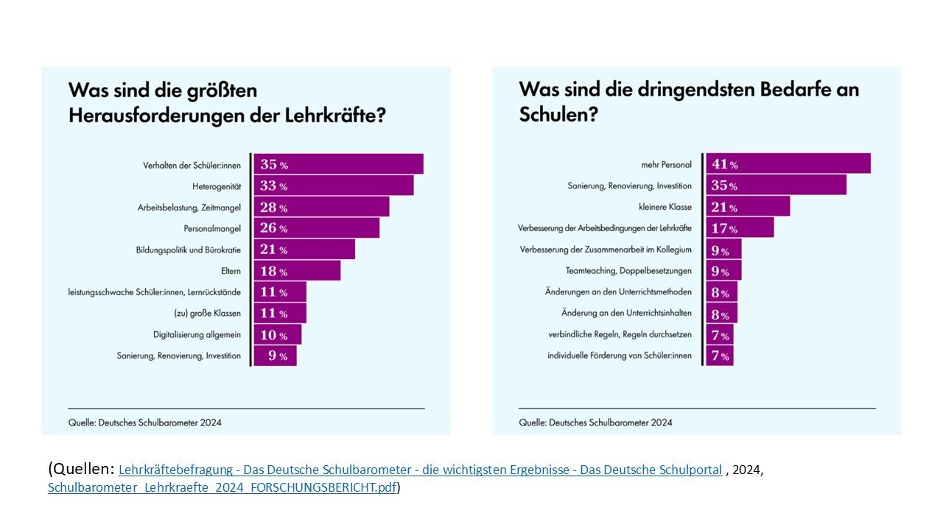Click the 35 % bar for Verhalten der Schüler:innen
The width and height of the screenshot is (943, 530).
(x=338, y=164)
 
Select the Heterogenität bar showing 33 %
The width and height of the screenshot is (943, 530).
(x=333, y=185)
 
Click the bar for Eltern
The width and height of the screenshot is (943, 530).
(x=297, y=271)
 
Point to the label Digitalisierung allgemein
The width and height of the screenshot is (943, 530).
(x=197, y=334)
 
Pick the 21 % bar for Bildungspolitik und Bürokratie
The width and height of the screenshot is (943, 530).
(x=304, y=250)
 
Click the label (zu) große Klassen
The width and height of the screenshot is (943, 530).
(x=205, y=313)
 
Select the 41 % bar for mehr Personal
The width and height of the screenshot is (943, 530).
(x=788, y=164)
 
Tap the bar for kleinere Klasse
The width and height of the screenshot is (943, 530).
(x=747, y=207)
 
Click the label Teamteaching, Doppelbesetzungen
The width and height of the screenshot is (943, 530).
(x=628, y=270)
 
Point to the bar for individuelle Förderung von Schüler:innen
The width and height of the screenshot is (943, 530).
(x=719, y=356)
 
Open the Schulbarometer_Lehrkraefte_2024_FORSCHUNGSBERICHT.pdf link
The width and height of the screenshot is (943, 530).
(x=222, y=487)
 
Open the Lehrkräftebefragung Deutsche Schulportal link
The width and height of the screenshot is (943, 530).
(x=420, y=470)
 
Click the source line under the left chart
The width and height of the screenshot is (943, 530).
(x=145, y=423)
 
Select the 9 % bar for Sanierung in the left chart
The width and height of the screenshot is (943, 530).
(x=275, y=356)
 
